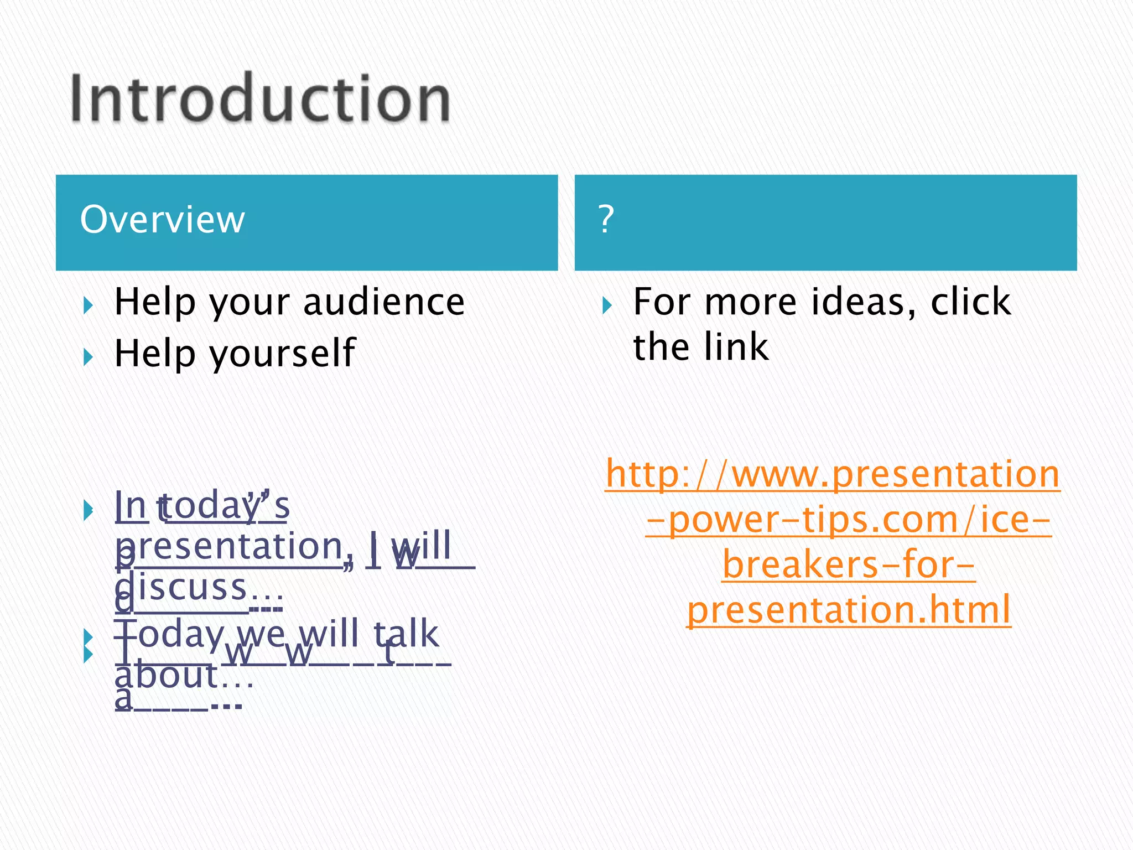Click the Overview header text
(162, 220)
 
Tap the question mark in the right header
(606, 219)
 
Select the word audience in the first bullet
(384, 303)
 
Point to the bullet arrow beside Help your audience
(88, 305)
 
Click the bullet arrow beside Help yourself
(88, 357)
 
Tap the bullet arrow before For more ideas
(607, 305)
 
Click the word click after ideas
(970, 303)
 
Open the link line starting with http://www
(833, 474)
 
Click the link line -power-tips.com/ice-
(848, 520)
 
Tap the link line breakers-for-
(849, 566)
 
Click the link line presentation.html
(849, 610)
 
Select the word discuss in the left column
(183, 588)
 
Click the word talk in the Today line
(407, 634)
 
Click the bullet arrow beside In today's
(88, 510)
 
